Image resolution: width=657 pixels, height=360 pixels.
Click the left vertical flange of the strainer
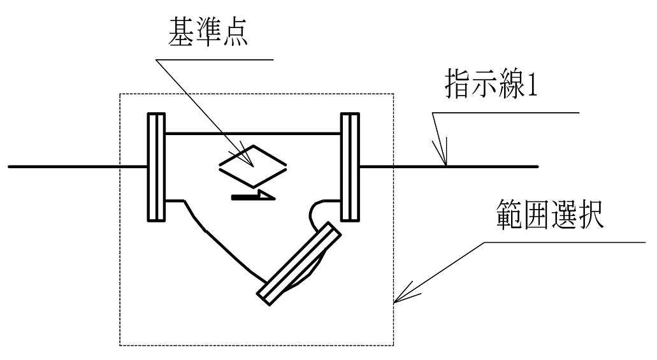click(157, 167)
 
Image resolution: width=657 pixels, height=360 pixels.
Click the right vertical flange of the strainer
click(350, 167)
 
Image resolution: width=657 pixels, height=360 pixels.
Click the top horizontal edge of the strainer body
click(253, 133)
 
